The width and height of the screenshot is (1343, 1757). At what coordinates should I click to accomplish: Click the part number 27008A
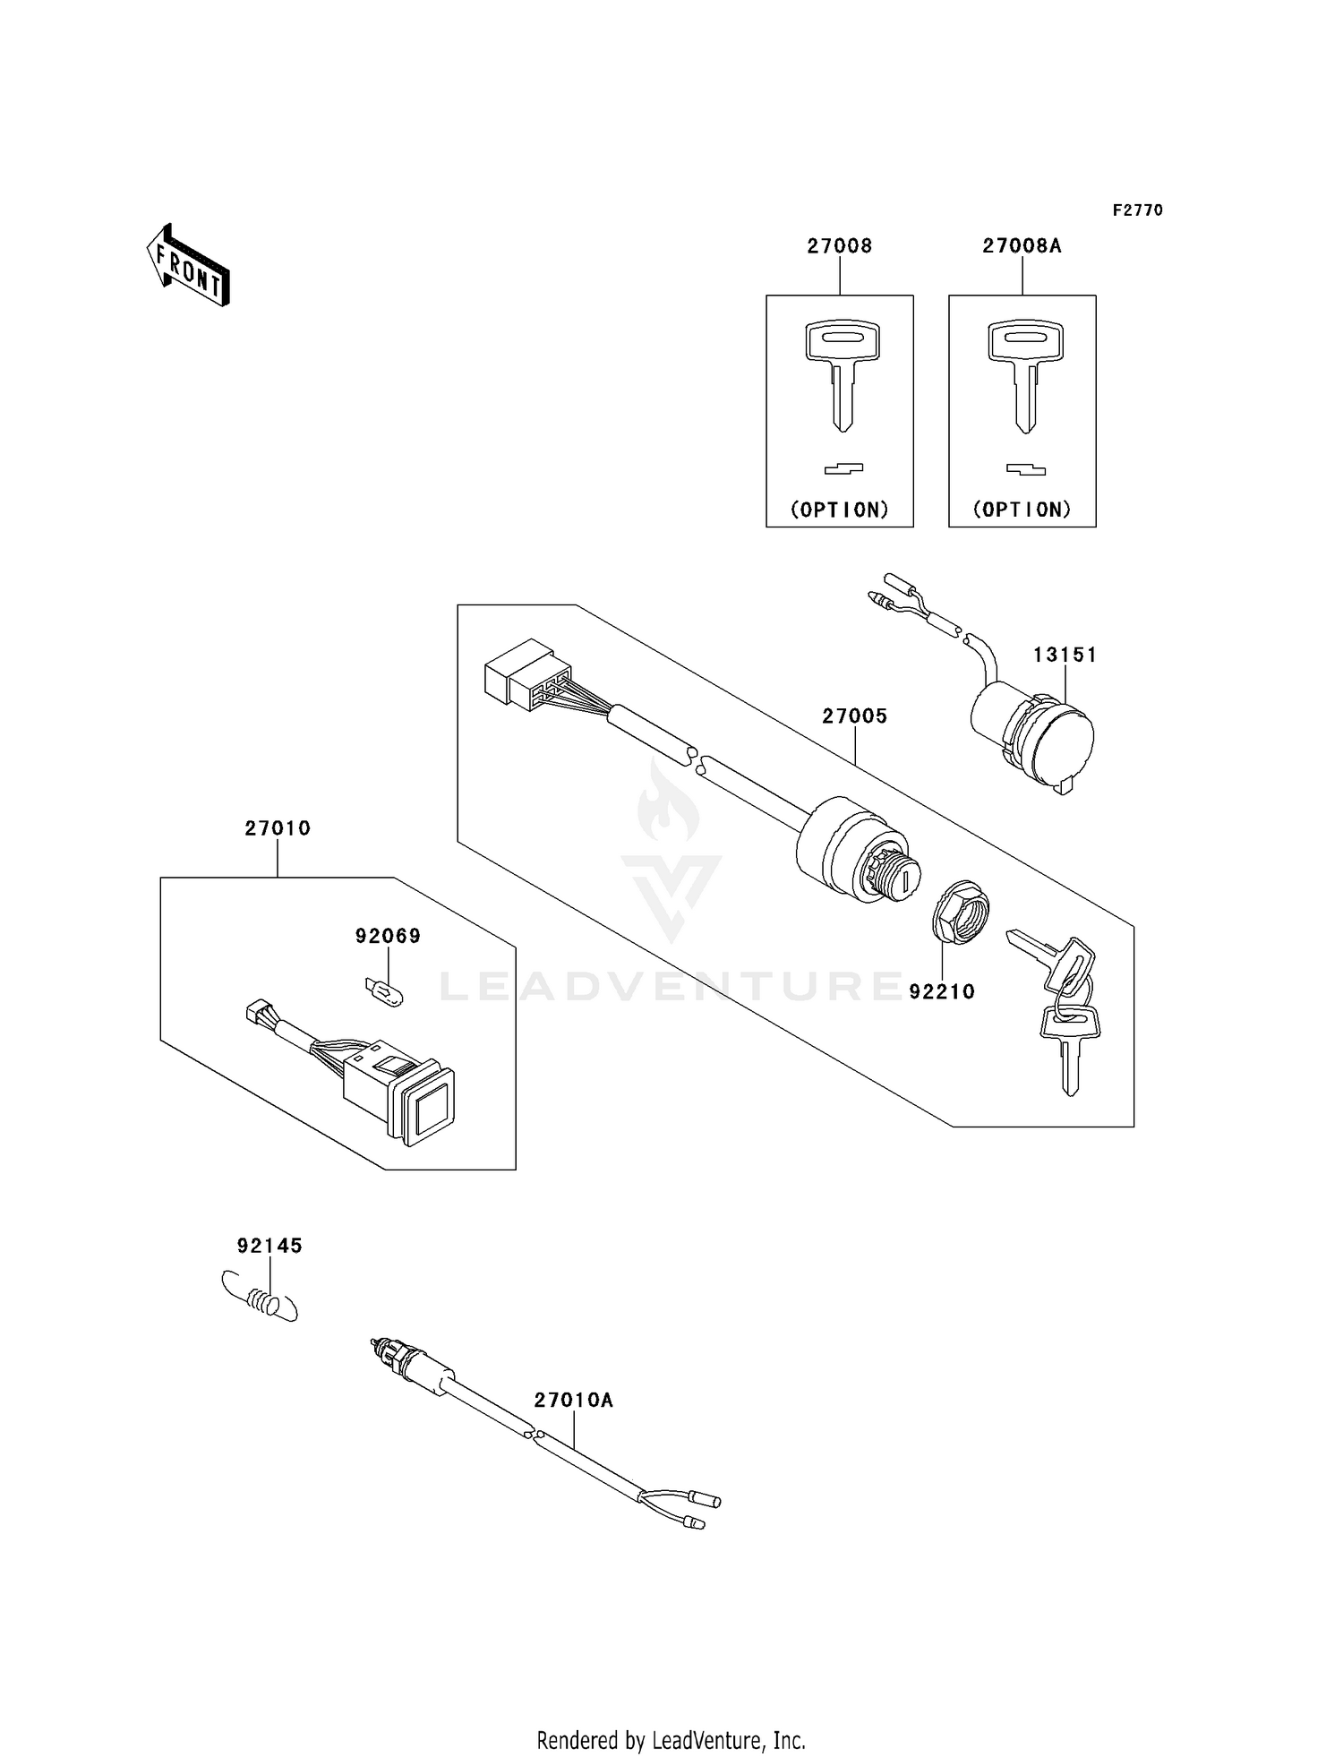click(1022, 245)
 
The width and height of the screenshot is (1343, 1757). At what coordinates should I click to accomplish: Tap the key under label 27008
click(842, 375)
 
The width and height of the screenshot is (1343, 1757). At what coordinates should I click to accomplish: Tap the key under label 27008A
click(1024, 375)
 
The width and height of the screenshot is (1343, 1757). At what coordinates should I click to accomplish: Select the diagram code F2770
click(1137, 210)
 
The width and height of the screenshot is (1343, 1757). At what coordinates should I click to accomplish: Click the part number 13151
click(1065, 655)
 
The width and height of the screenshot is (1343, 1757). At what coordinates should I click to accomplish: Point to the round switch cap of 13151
click(1061, 745)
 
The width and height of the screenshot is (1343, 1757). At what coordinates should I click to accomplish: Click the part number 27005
click(854, 716)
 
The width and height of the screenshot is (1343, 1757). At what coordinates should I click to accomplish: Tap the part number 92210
click(941, 991)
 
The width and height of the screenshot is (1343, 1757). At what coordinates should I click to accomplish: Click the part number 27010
click(278, 828)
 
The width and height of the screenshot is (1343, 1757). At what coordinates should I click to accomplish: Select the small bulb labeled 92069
click(384, 991)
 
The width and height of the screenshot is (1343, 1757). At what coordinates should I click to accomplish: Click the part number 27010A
click(573, 1400)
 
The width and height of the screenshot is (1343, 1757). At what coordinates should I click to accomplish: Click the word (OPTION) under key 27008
click(839, 510)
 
